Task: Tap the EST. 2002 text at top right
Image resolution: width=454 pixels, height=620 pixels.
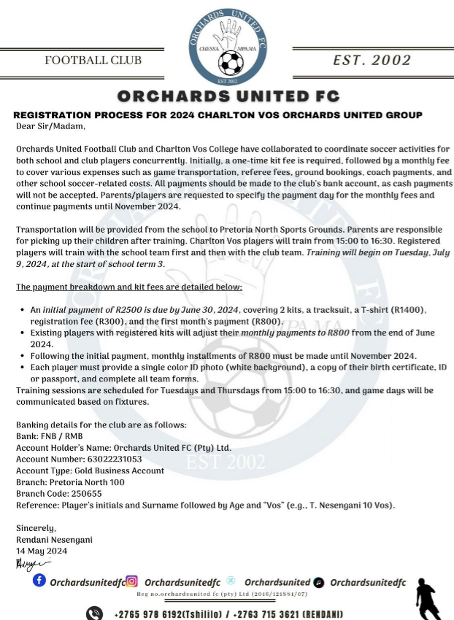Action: [372, 61]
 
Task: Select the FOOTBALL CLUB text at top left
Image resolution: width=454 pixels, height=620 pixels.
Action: [93, 61]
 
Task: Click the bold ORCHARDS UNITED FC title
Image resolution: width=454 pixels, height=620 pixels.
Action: [228, 97]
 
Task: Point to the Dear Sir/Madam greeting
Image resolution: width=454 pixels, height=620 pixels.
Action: [50, 126]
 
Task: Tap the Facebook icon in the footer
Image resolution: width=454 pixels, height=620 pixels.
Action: [39, 581]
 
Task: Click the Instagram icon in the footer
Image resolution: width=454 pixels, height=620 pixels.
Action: [132, 581]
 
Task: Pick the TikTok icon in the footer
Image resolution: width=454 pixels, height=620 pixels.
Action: [319, 582]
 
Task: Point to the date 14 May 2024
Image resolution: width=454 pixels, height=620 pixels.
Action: [42, 551]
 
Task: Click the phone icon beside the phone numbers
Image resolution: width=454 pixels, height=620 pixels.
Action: [95, 613]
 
